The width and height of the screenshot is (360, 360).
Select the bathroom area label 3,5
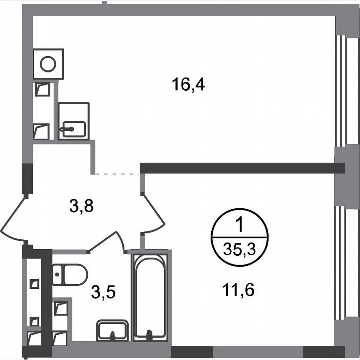click(x=103, y=292)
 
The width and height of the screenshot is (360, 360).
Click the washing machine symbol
click(x=48, y=64)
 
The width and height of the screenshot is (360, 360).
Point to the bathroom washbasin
click(x=112, y=330)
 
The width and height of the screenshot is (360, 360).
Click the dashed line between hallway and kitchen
click(x=116, y=174)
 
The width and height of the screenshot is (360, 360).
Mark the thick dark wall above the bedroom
click(x=242, y=167)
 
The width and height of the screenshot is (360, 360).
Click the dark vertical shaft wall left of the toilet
click(x=47, y=300)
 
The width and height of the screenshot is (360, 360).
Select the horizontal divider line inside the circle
click(x=240, y=237)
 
